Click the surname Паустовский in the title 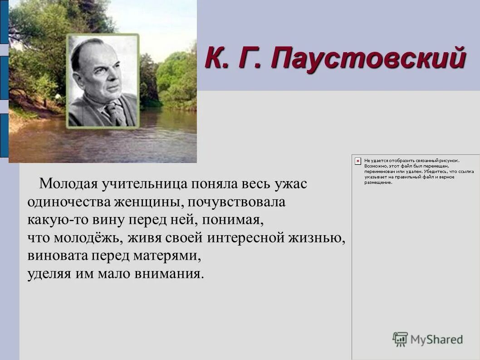coord(368,59)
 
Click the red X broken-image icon coord(358,161)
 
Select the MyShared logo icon coord(400,339)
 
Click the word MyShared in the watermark coord(436,340)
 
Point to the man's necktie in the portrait coord(112,112)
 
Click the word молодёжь coord(88,238)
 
